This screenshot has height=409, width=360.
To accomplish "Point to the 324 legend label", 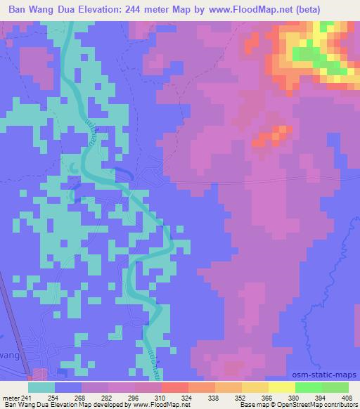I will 186,397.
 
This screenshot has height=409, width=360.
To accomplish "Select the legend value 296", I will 134,397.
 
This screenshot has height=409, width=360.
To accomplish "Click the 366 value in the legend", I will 266,397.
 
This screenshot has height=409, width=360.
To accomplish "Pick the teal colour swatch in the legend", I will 41,387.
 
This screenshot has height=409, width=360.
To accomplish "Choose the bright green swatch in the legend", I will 308,387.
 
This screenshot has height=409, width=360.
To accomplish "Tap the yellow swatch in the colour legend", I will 282,387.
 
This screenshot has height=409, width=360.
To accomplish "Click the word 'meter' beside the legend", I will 12,397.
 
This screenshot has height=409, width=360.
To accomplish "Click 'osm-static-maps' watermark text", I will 326,376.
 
